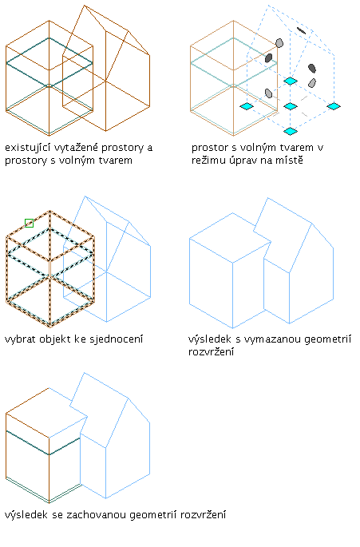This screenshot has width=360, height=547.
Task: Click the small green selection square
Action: (29, 223)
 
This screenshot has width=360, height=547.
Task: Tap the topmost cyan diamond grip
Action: (291, 81)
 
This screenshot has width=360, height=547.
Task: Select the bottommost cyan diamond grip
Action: (291, 131)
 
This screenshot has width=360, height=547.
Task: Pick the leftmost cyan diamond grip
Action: (247, 106)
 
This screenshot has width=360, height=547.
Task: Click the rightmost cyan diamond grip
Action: (334, 106)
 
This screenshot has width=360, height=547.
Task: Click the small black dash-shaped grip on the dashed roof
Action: (301, 31)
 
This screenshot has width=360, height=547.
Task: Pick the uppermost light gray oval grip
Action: (279, 43)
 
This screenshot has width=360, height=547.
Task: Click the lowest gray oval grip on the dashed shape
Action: (268, 93)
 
